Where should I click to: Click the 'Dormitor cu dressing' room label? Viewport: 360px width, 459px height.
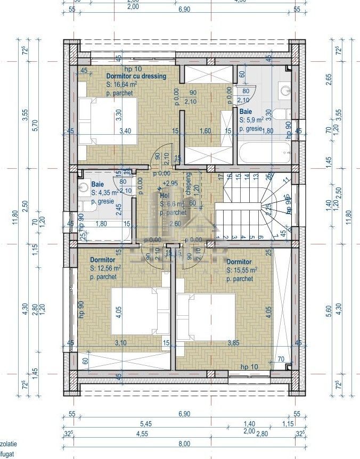click(x=136, y=76)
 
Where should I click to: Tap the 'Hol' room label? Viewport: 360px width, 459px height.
click(x=165, y=195)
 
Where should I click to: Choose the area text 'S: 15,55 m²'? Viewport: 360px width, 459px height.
click(x=242, y=271)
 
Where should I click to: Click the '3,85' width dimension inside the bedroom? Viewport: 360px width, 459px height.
click(x=233, y=343)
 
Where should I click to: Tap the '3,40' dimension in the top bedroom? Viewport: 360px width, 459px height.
click(x=125, y=130)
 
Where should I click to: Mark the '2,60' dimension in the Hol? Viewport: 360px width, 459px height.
click(x=173, y=224)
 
